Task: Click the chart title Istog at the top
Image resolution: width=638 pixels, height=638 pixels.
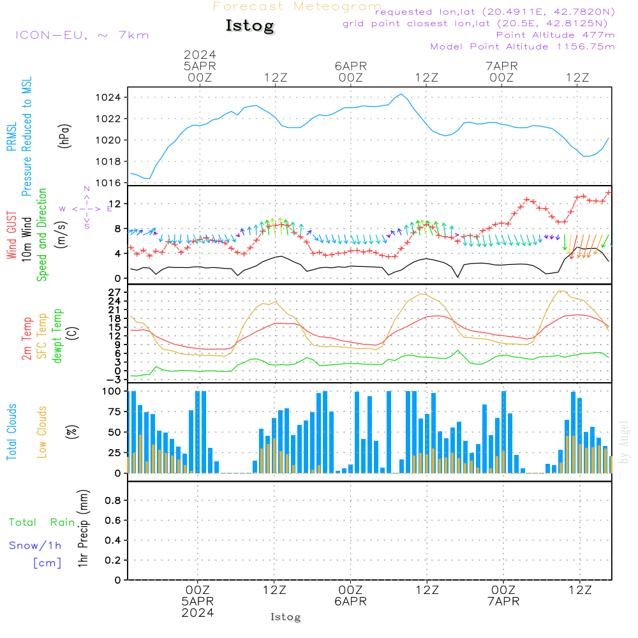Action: [x=249, y=26]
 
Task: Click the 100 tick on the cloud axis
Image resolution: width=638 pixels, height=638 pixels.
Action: [x=112, y=391]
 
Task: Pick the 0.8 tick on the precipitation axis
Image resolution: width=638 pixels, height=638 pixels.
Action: [x=114, y=501]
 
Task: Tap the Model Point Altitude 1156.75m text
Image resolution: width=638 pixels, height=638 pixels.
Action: [x=523, y=47]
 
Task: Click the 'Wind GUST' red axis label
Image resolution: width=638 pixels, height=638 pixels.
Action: [x=11, y=235]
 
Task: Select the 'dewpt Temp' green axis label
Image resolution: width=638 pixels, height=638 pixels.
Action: [x=57, y=336]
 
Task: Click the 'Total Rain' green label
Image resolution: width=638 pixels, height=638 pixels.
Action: [x=42, y=523]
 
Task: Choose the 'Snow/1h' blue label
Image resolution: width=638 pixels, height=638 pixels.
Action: [x=35, y=546]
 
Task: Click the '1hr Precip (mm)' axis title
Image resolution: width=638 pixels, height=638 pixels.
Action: [x=82, y=530]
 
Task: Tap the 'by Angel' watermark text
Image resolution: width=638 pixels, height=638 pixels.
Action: [x=624, y=442]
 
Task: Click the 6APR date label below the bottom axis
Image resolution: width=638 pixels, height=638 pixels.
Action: [x=350, y=602]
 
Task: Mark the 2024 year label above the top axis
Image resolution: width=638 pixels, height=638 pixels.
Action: [x=200, y=54]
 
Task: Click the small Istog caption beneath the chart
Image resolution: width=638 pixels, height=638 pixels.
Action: [x=285, y=617]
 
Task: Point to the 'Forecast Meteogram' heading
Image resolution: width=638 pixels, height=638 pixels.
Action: [x=297, y=6]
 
